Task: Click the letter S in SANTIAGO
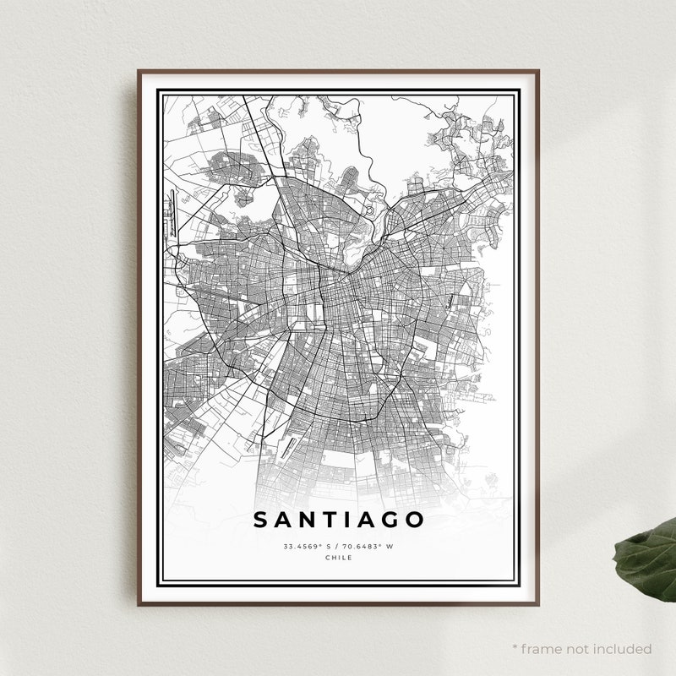pyautogui.click(x=262, y=520)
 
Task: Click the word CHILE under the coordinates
pyautogui.click(x=338, y=558)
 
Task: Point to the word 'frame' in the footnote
pyautogui.click(x=543, y=649)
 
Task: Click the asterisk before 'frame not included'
pyautogui.click(x=515, y=647)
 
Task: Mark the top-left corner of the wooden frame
pyautogui.click(x=139, y=72)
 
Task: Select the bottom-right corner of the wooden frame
pyautogui.click(x=537, y=604)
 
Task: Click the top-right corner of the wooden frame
pyautogui.click(x=537, y=72)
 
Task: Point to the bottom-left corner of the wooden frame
pyautogui.click(x=139, y=604)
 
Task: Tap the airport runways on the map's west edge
pyautogui.click(x=174, y=214)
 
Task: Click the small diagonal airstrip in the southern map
pyautogui.click(x=289, y=448)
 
